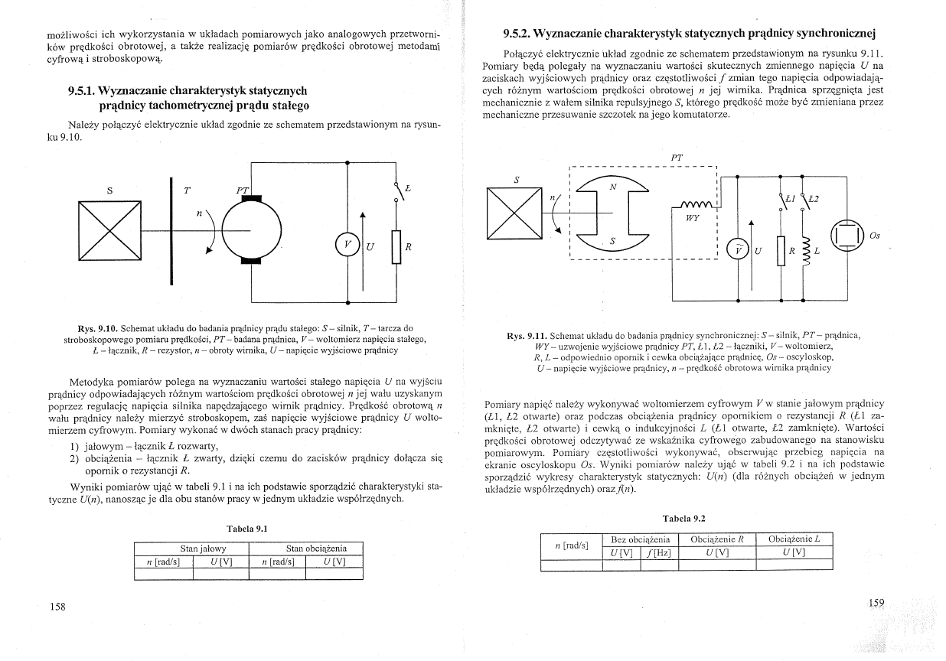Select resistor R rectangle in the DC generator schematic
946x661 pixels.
[396, 246]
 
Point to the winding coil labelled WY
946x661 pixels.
[693, 206]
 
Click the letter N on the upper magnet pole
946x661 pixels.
[612, 186]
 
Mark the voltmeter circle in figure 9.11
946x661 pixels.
[736, 250]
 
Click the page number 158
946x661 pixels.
[57, 607]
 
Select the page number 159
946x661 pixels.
[876, 603]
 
